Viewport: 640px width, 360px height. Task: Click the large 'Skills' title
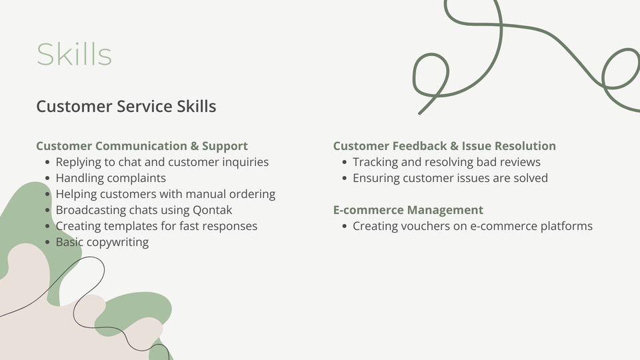(74, 54)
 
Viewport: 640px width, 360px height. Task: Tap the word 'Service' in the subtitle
(145, 106)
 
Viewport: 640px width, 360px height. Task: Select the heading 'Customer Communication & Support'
(141, 146)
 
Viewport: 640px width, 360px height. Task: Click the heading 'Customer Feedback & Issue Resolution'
(445, 146)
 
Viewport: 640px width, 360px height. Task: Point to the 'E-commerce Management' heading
(408, 210)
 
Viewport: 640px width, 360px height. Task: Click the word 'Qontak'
(212, 210)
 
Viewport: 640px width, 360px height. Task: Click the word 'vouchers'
(425, 226)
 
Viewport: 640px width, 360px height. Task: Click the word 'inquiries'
(245, 162)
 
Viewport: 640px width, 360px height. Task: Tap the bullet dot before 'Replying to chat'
(47, 163)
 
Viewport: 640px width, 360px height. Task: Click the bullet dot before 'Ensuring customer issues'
(345, 179)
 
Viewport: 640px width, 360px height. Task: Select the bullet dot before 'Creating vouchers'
(345, 226)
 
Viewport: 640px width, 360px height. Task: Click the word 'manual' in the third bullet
(206, 194)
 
